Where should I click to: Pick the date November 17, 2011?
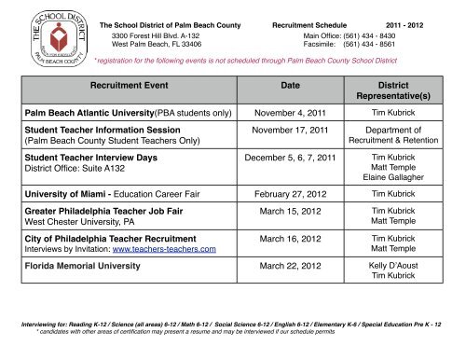(x=289, y=132)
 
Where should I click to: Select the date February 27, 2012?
(x=289, y=195)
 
